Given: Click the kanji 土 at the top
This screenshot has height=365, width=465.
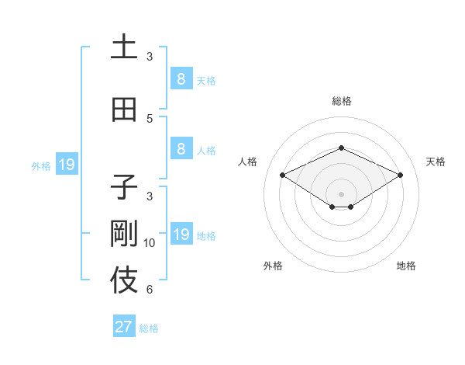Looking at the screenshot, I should tap(124, 47).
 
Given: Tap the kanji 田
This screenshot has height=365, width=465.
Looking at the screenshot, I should tap(124, 109).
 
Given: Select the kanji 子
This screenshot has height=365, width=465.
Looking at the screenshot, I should tap(124, 186).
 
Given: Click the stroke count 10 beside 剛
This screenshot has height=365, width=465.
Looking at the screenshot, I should tap(150, 243).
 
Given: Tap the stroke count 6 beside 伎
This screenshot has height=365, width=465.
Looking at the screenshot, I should tap(150, 290).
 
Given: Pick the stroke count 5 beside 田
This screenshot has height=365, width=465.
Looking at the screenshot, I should tap(150, 118).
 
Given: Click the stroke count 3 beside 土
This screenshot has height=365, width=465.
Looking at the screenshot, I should tap(150, 56).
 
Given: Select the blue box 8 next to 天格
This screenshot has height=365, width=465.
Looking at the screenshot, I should tap(181, 78).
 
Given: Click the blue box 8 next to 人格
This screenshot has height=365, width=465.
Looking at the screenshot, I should tap(181, 149).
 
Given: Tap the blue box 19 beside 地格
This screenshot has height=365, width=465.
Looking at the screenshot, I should tap(181, 235).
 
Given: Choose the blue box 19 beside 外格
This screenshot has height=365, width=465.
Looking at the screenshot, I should tap(66, 165).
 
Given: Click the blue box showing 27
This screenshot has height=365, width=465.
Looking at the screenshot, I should tap(124, 327).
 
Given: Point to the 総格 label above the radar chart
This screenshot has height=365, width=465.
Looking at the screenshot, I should tap(341, 101).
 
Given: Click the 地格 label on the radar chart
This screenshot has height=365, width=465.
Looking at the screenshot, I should tap(406, 266).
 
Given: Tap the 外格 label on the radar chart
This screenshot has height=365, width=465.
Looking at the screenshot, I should tap(273, 266).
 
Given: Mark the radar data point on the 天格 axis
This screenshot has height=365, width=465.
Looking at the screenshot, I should tap(400, 175).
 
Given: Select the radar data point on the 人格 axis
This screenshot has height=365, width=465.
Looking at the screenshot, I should tap(282, 175).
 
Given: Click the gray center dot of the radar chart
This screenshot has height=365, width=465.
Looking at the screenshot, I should tap(341, 193).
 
